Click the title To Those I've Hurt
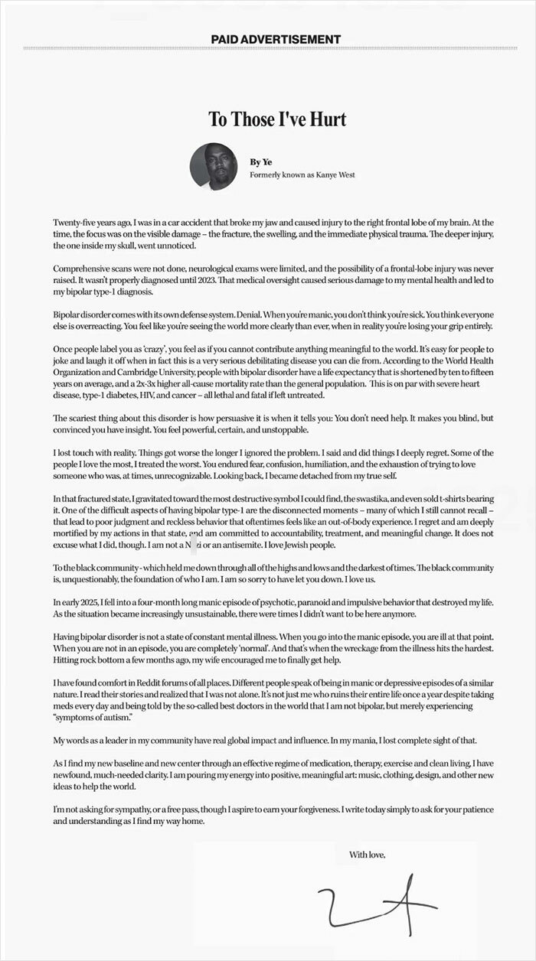[278, 119]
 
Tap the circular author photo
[214, 166]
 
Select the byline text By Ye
[260, 161]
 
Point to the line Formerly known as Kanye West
[302, 174]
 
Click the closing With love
[367, 854]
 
